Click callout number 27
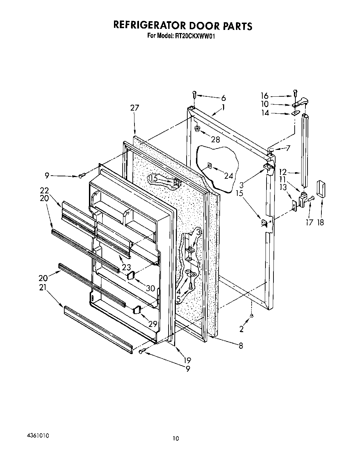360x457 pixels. coord(134,108)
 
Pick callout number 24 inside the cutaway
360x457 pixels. coord(228,176)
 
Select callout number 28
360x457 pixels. coord(215,139)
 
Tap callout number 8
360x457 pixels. coord(240,345)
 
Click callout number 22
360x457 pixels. coord(44,190)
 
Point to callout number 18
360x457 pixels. coord(320,222)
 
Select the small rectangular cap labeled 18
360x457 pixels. coord(320,189)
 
